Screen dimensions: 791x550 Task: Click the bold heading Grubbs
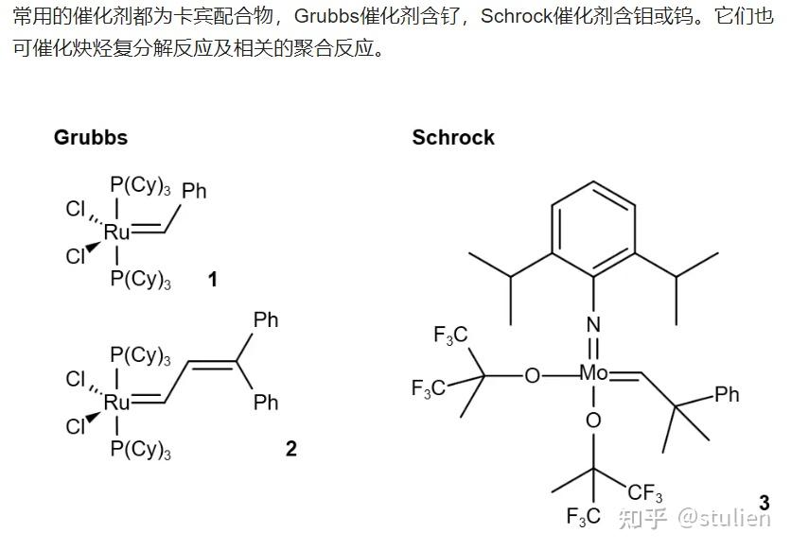(91, 138)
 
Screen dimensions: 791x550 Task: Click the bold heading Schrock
(453, 138)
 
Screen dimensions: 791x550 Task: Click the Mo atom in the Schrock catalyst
(594, 374)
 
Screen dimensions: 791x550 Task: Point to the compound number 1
(213, 281)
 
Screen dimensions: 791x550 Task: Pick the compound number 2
(290, 449)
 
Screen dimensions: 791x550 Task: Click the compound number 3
(763, 504)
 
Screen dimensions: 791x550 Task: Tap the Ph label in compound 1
(194, 192)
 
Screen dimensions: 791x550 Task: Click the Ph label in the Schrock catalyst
(727, 394)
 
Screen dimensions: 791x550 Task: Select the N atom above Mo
(593, 325)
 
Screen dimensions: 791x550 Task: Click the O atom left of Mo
(533, 376)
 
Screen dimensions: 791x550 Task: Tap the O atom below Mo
(593, 420)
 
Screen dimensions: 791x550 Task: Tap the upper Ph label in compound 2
(266, 320)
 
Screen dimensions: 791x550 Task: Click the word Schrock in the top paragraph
(515, 18)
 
